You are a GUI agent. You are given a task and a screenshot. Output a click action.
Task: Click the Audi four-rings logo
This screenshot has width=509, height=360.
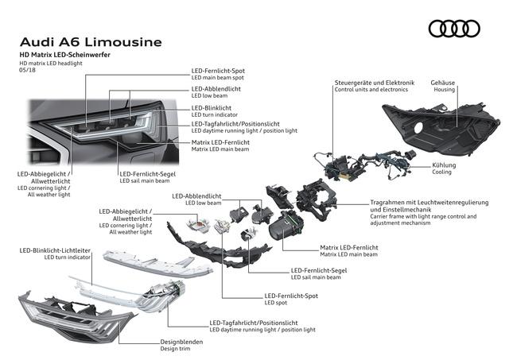coord(454,29)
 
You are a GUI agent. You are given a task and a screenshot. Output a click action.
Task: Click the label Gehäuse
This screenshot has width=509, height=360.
coord(442,82)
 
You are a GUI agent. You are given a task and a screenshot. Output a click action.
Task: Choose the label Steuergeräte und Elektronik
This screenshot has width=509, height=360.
coord(373,82)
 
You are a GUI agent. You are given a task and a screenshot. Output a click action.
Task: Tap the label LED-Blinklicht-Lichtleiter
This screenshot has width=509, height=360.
coord(57,250)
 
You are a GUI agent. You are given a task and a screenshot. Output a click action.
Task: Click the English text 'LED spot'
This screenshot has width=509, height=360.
coord(277,303)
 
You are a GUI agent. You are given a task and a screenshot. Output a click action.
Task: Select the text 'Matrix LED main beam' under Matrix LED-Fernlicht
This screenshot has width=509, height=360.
coord(349,254)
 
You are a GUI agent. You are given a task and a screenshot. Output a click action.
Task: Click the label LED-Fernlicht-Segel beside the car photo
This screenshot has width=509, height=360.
coord(147,173)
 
